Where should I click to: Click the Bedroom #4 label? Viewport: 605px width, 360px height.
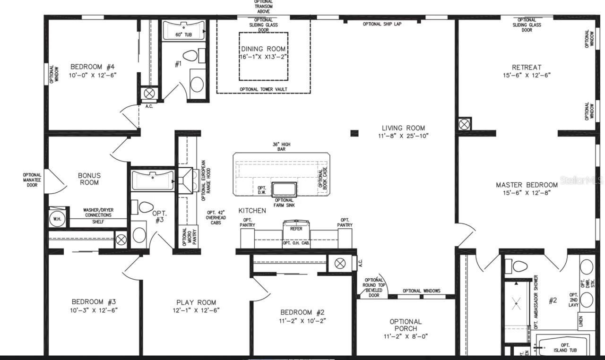[93, 67]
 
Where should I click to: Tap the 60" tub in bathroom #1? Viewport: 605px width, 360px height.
[183, 31]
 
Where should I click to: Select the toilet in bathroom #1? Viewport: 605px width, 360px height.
[190, 56]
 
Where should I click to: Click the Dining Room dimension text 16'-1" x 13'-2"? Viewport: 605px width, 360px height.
[263, 57]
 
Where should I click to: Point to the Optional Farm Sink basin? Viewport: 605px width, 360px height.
[284, 189]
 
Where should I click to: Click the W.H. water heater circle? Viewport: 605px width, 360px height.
[57, 219]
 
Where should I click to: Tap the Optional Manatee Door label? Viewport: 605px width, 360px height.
[32, 180]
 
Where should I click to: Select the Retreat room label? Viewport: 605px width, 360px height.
[527, 67]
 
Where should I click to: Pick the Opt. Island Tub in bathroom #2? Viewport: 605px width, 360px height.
[562, 347]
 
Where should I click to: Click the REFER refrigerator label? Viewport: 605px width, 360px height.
[296, 229]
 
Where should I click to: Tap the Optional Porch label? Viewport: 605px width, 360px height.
[406, 325]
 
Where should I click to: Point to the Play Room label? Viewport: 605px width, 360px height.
[196, 302]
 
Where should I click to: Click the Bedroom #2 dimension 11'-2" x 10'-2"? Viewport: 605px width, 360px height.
[302, 320]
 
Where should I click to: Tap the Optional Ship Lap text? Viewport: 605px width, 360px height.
[382, 24]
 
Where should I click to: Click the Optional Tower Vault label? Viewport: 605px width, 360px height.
[263, 89]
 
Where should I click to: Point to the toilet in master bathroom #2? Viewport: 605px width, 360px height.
[519, 266]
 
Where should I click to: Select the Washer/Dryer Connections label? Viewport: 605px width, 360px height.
[98, 213]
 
